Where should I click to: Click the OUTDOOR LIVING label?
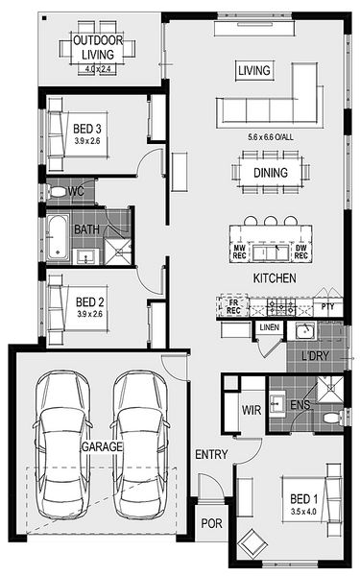(98, 47)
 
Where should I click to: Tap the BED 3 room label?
(87, 129)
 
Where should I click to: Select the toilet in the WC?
(56, 191)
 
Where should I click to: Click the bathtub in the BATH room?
(58, 238)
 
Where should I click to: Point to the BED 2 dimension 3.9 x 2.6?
(89, 314)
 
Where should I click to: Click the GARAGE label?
(102, 446)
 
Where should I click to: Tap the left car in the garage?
(62, 444)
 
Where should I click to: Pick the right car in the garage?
(140, 444)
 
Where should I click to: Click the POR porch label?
(211, 523)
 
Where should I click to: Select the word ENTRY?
(211, 454)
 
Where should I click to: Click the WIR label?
(252, 410)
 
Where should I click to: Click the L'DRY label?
(315, 355)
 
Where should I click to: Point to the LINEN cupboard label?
(269, 327)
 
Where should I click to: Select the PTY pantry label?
(327, 306)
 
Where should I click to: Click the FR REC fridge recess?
(233, 306)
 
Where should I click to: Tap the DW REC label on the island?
(300, 252)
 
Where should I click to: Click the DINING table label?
(271, 173)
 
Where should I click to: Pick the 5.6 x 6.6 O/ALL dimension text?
(271, 137)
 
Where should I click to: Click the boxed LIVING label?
(254, 70)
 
